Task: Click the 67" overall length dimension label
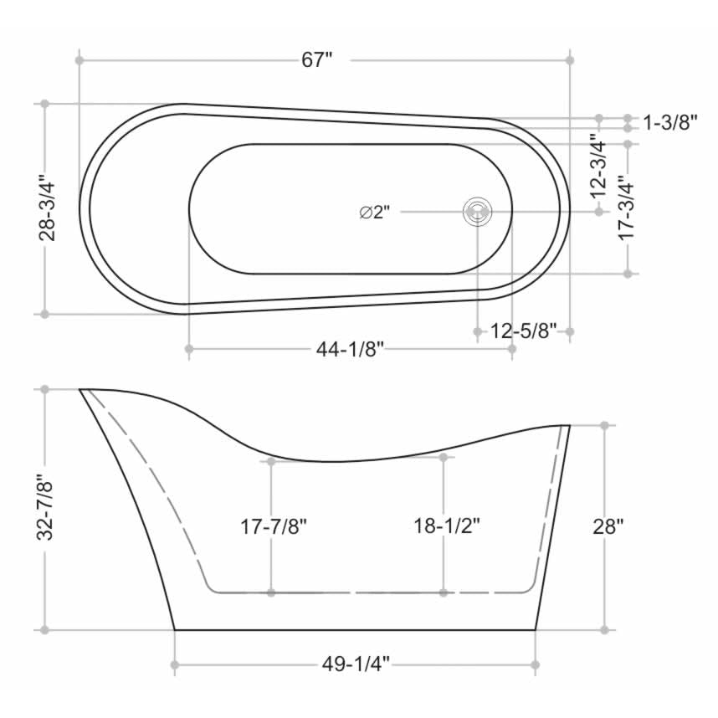click(x=317, y=60)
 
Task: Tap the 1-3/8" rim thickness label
click(x=670, y=123)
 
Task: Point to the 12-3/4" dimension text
click(x=597, y=165)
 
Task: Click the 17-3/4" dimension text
click(x=625, y=208)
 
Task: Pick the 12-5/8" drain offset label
click(x=524, y=331)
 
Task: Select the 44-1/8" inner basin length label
click(x=350, y=349)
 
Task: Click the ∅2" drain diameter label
click(x=375, y=213)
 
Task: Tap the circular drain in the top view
click(x=477, y=212)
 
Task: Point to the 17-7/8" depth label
click(x=274, y=527)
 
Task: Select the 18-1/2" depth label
click(x=446, y=527)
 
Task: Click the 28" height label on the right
click(x=609, y=527)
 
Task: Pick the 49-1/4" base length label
click(x=356, y=665)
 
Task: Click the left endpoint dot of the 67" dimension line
click(x=79, y=60)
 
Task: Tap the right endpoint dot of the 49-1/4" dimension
click(x=536, y=665)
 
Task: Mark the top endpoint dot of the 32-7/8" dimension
click(x=45, y=389)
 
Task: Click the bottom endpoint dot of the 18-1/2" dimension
click(x=444, y=592)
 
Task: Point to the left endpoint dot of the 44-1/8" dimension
click(x=189, y=348)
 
